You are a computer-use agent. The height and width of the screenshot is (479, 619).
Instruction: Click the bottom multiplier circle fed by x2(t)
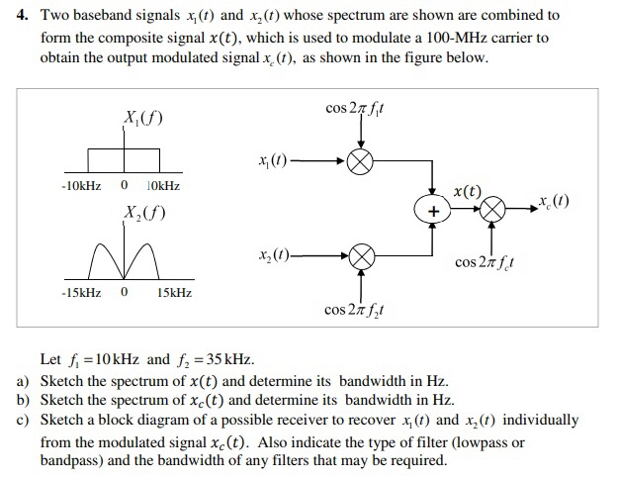tap(361, 259)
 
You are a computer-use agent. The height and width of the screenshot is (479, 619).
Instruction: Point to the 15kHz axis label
tap(174, 294)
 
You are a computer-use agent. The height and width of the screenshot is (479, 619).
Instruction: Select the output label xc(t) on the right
tap(559, 203)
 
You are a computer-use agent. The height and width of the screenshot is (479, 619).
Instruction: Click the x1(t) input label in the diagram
tap(272, 162)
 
